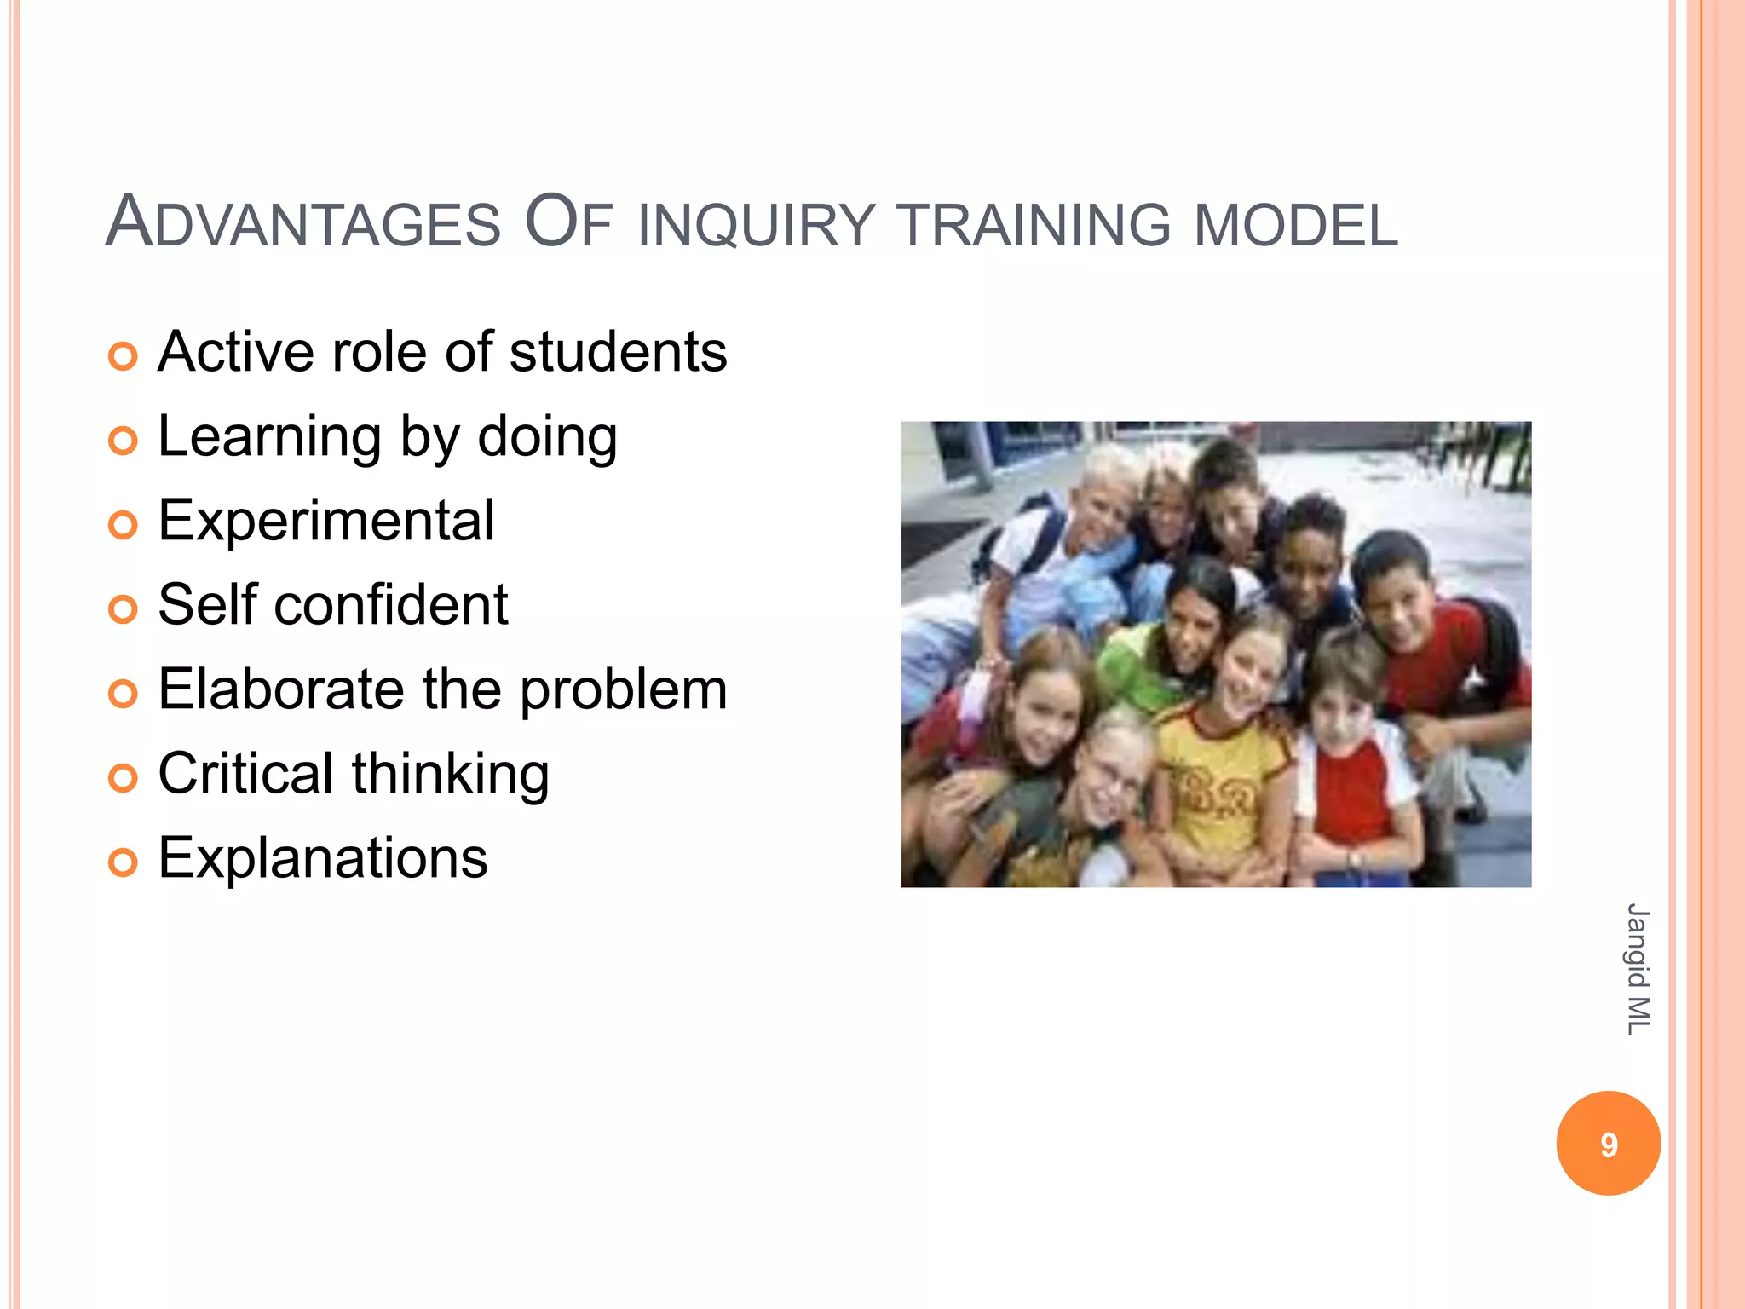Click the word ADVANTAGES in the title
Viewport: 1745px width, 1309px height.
[302, 223]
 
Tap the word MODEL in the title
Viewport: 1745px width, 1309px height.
[1294, 225]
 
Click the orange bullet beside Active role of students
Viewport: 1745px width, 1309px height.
[123, 356]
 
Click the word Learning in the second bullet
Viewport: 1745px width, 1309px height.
[269, 437]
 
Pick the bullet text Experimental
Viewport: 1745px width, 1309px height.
[325, 521]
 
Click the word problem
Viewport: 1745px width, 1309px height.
[624, 690]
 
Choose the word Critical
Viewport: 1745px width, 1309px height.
[245, 773]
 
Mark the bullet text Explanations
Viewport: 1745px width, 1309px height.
[322, 857]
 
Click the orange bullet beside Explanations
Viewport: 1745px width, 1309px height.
[123, 862]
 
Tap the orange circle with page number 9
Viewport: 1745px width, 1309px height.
[1608, 1144]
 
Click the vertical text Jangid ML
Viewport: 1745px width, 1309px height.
[1637, 970]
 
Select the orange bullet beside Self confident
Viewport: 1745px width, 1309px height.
[123, 609]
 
